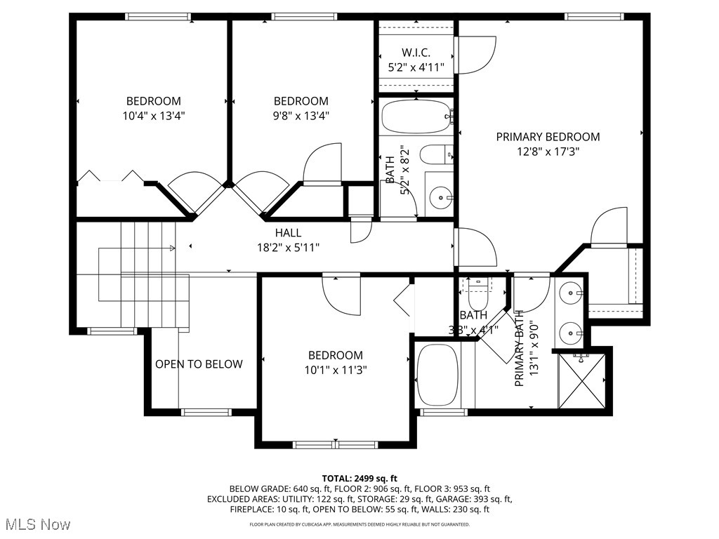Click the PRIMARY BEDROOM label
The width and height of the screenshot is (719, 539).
(x=548, y=137)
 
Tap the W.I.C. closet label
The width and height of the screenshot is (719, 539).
(x=416, y=53)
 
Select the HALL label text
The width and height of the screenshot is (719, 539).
(x=288, y=233)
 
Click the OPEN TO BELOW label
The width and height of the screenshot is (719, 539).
(x=199, y=364)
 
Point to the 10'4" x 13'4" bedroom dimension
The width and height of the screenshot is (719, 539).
(x=153, y=115)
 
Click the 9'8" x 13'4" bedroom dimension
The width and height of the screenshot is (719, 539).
(x=301, y=115)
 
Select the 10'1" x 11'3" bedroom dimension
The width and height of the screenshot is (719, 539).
(x=335, y=369)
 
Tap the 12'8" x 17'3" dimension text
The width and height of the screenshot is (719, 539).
(x=548, y=151)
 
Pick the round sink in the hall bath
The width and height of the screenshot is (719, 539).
(x=440, y=198)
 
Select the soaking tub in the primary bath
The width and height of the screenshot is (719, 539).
(x=437, y=375)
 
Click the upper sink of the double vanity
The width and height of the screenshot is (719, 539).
(x=570, y=291)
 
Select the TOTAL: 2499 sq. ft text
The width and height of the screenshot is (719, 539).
(x=359, y=477)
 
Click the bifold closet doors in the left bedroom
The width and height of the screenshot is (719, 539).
(x=110, y=176)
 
